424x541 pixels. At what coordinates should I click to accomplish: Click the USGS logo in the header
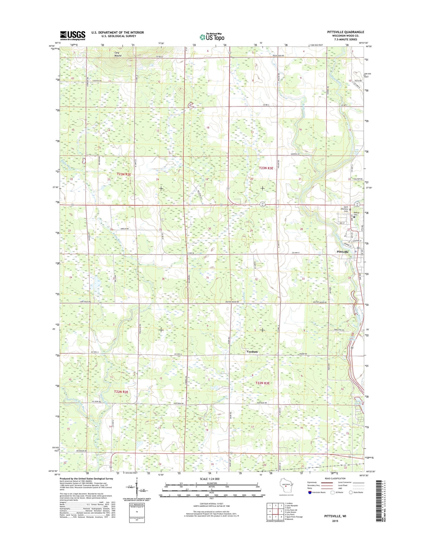[x=72, y=35]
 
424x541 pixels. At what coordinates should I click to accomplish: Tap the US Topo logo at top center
[x=212, y=37]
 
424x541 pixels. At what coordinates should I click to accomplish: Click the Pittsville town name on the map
[x=343, y=252]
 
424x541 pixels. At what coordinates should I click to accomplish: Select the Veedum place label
[x=252, y=352]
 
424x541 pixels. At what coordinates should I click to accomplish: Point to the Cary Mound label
[x=118, y=54]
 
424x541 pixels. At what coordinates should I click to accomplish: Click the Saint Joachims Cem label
[x=343, y=209]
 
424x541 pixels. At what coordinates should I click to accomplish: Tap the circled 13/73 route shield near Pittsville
[x=357, y=204]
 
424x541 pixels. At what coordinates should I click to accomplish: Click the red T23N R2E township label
[x=124, y=175]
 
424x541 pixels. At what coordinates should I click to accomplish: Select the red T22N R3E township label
[x=263, y=383]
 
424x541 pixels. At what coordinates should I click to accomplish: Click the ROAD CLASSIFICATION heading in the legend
[x=335, y=478]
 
